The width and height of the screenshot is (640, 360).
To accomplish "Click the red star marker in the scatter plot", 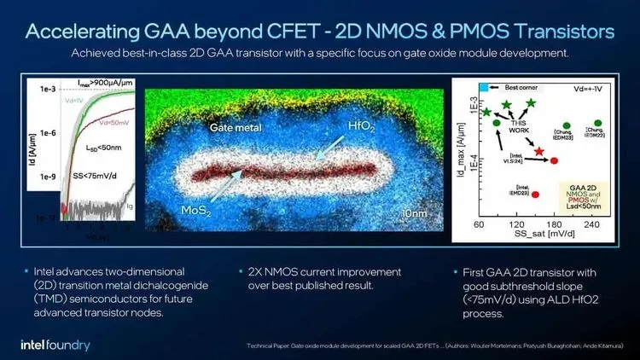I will point(539,151).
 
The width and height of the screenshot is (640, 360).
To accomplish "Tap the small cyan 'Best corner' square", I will point(483,87).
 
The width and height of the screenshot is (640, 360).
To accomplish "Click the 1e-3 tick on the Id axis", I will point(45,89).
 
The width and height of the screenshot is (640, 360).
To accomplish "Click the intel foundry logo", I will point(55,345).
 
